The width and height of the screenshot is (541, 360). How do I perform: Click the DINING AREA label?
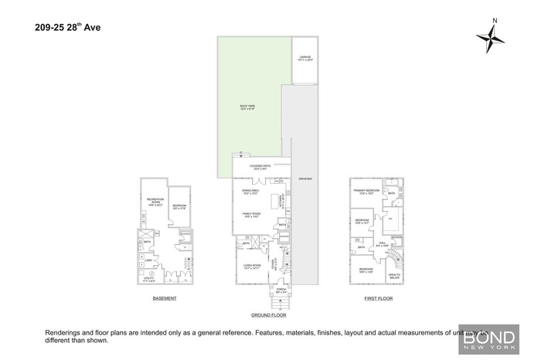click(250, 191)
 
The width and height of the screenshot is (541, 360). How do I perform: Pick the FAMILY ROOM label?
click(251, 215)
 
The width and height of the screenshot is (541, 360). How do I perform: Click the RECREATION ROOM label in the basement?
click(155, 202)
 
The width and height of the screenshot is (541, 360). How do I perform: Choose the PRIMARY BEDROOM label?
click(365, 192)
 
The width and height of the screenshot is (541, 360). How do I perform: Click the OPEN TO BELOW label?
click(394, 276)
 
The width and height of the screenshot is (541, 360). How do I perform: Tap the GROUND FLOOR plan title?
click(268, 315)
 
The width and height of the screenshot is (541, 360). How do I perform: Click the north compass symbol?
click(490, 36)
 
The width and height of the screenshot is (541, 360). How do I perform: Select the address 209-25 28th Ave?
click(67, 29)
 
